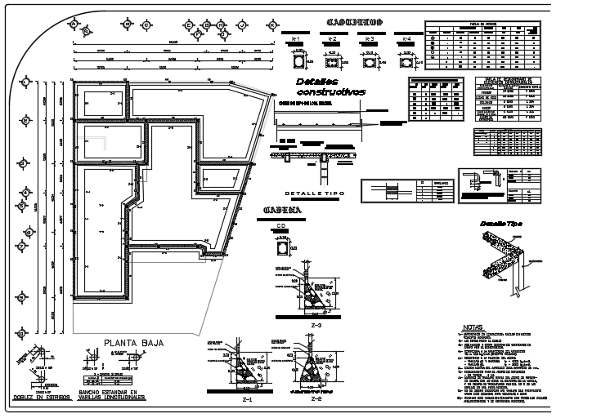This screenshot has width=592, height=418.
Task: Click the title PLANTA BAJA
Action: click(133, 344)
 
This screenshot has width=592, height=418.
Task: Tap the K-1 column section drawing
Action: click(298, 60)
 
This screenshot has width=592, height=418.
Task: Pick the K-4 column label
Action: click(406, 39)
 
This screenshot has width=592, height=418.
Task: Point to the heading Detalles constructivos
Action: click(330, 87)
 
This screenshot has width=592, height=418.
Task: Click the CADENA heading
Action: click(282, 211)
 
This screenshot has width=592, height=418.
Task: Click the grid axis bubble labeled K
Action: click(271, 25)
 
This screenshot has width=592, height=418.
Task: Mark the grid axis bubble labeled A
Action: click(74, 24)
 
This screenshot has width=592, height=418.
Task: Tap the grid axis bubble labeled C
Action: click(146, 25)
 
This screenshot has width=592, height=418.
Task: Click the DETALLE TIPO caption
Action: click(315, 193)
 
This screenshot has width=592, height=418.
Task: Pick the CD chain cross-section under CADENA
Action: click(282, 246)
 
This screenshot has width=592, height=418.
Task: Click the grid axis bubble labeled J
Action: click(242, 25)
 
